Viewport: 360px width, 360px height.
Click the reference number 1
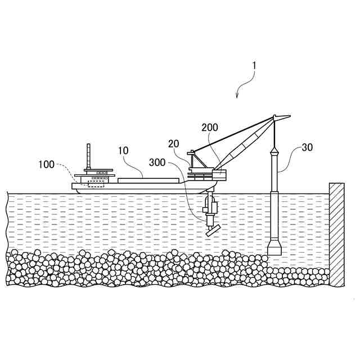point(254,66)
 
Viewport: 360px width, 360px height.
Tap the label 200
point(209,128)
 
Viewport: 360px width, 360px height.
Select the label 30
point(307,147)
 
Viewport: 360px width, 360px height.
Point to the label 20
point(174,143)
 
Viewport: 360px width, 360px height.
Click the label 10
point(123,151)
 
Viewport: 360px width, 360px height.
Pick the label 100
point(46,164)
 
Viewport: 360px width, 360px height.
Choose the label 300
point(158,163)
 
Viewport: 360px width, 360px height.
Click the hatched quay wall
point(336,233)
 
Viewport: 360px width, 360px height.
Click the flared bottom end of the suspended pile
point(274,248)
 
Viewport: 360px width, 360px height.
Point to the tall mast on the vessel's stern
point(88,157)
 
